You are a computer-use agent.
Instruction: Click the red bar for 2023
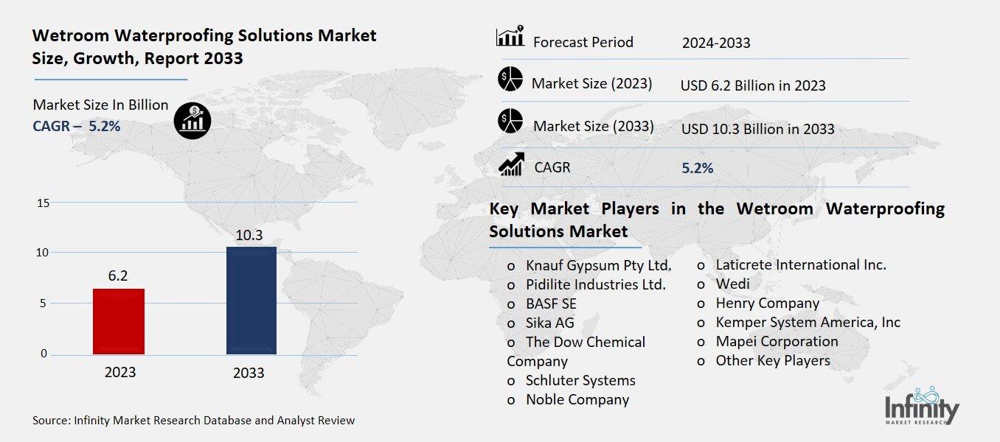pyautogui.click(x=119, y=321)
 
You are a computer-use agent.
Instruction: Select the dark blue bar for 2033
pyautogui.click(x=251, y=301)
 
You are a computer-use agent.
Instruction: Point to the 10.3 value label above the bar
pyautogui.click(x=249, y=236)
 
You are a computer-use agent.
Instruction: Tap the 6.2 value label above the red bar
pyautogui.click(x=118, y=276)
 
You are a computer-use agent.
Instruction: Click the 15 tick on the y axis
pyautogui.click(x=43, y=203)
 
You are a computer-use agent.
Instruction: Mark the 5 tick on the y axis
pyautogui.click(x=44, y=303)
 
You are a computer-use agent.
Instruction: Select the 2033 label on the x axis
pyautogui.click(x=249, y=373)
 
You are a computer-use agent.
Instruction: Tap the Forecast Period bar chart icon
pyautogui.click(x=510, y=37)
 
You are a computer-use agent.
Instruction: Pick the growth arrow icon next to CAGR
pyautogui.click(x=511, y=164)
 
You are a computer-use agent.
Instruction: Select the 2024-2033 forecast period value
pyautogui.click(x=716, y=43)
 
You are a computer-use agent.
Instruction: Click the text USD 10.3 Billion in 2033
pyautogui.click(x=757, y=129)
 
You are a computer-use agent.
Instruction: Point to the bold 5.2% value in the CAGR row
pyautogui.click(x=697, y=168)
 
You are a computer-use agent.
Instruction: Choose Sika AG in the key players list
pyautogui.click(x=549, y=323)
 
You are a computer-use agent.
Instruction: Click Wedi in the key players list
pyautogui.click(x=732, y=284)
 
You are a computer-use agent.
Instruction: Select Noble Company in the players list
pyautogui.click(x=577, y=399)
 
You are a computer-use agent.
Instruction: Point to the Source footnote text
pyautogui.click(x=193, y=421)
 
